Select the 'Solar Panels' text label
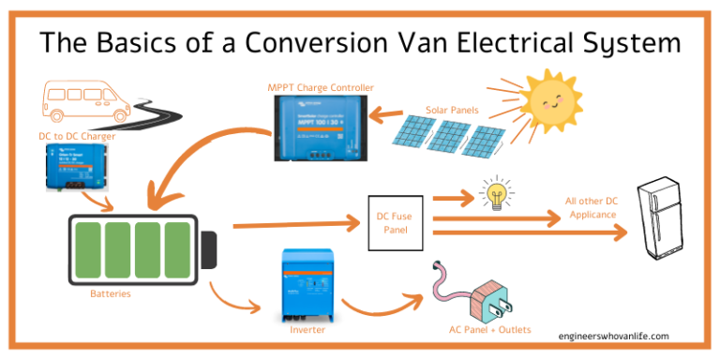pos(452,110)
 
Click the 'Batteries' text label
pos(111,293)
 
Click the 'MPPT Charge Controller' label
pos(320,87)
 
